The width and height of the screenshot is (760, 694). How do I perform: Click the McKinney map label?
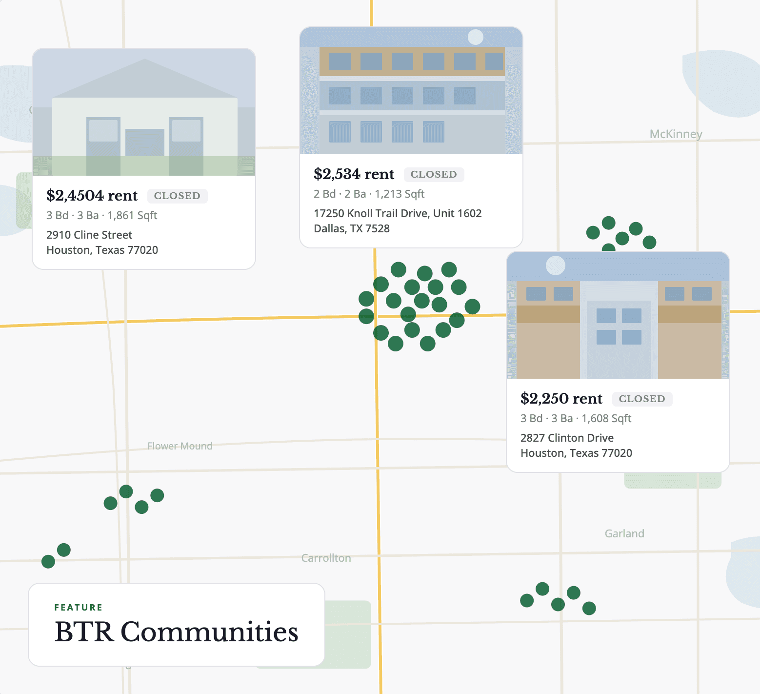click(x=676, y=134)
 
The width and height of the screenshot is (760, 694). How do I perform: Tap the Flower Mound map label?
click(x=180, y=446)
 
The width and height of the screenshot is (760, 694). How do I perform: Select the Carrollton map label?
click(x=326, y=558)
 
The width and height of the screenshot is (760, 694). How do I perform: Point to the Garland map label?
click(x=624, y=533)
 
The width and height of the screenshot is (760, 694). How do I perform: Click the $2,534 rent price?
click(x=354, y=174)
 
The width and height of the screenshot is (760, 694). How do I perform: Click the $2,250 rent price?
click(x=561, y=399)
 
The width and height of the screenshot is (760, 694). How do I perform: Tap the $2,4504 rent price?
click(x=92, y=196)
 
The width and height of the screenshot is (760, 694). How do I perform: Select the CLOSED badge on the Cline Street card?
click(x=177, y=196)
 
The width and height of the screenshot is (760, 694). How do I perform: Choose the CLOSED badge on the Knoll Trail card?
click(x=434, y=174)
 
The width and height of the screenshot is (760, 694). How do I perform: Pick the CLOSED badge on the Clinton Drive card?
click(x=642, y=399)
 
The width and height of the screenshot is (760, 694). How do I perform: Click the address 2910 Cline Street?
click(x=89, y=235)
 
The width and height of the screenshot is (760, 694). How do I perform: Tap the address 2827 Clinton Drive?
click(x=567, y=438)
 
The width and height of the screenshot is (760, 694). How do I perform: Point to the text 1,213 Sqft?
click(x=400, y=194)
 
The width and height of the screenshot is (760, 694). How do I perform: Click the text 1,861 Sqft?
click(x=132, y=215)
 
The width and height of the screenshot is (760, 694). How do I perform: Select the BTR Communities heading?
click(x=176, y=632)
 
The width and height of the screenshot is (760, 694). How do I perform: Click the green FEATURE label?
click(x=79, y=608)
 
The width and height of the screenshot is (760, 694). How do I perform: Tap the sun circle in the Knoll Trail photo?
click(x=476, y=37)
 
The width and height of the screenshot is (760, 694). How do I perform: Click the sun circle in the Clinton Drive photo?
click(x=555, y=265)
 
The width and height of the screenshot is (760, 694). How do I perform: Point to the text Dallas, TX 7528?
click(x=351, y=228)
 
